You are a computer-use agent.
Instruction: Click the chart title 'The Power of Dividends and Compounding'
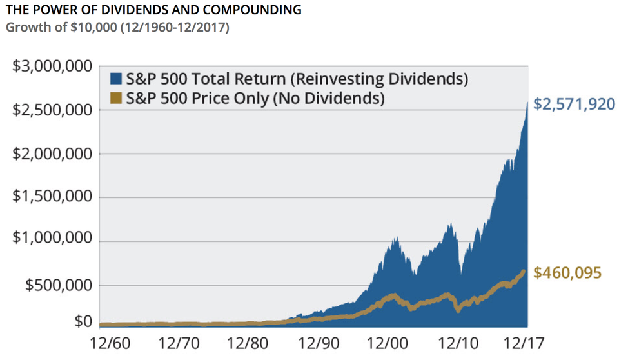pos(153,10)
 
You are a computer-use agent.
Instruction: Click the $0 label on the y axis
pos(83,322)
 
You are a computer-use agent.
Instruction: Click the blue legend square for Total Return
pos(116,79)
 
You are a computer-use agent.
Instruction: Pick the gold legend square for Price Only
pos(116,99)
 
